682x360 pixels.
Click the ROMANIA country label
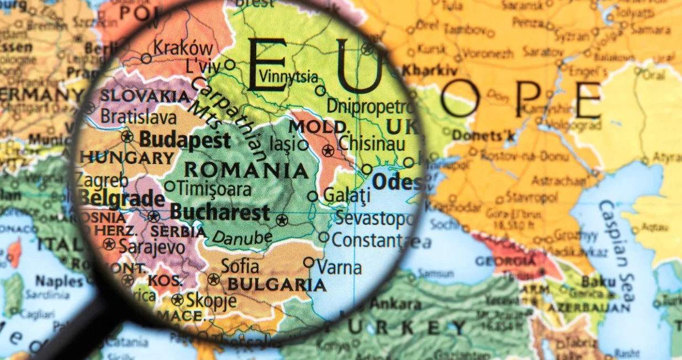(246, 170)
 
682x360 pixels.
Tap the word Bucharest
(220, 213)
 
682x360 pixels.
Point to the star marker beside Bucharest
(282, 220)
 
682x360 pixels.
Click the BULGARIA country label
(277, 285)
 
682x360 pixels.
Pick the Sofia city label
(240, 266)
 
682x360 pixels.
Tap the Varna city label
(340, 268)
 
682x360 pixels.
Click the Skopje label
(212, 301)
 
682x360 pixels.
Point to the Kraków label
(183, 49)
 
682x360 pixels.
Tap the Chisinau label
(372, 144)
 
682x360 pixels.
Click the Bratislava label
(139, 117)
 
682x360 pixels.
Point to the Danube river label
(242, 237)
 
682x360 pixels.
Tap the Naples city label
(60, 281)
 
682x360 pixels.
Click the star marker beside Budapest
(128, 136)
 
